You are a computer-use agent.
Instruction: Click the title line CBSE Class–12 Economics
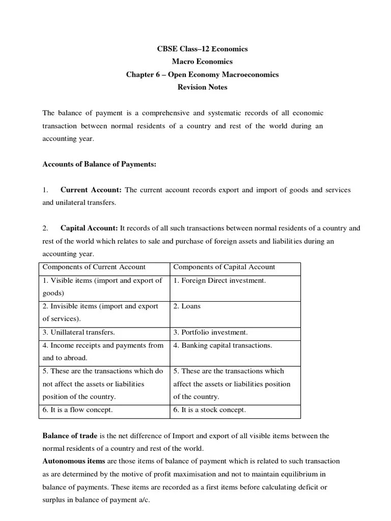[x=202, y=49]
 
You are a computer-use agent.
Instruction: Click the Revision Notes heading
[x=202, y=87]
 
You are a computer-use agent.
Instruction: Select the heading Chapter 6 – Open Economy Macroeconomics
[x=202, y=74]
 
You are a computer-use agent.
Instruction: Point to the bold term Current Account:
[x=91, y=190]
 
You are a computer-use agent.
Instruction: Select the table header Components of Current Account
[x=94, y=267]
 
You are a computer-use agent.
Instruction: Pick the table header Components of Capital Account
[x=224, y=267]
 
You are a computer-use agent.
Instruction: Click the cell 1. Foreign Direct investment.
[x=219, y=280]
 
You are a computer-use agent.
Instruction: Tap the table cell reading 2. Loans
[x=187, y=306]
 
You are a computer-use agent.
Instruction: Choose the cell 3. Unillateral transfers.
[x=78, y=332]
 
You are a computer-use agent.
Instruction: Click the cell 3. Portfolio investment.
[x=210, y=332]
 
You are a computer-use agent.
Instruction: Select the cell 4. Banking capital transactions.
[x=222, y=345]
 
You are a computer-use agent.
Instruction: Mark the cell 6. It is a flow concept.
[x=77, y=410]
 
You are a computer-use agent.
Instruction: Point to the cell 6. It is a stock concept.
[x=209, y=410]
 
